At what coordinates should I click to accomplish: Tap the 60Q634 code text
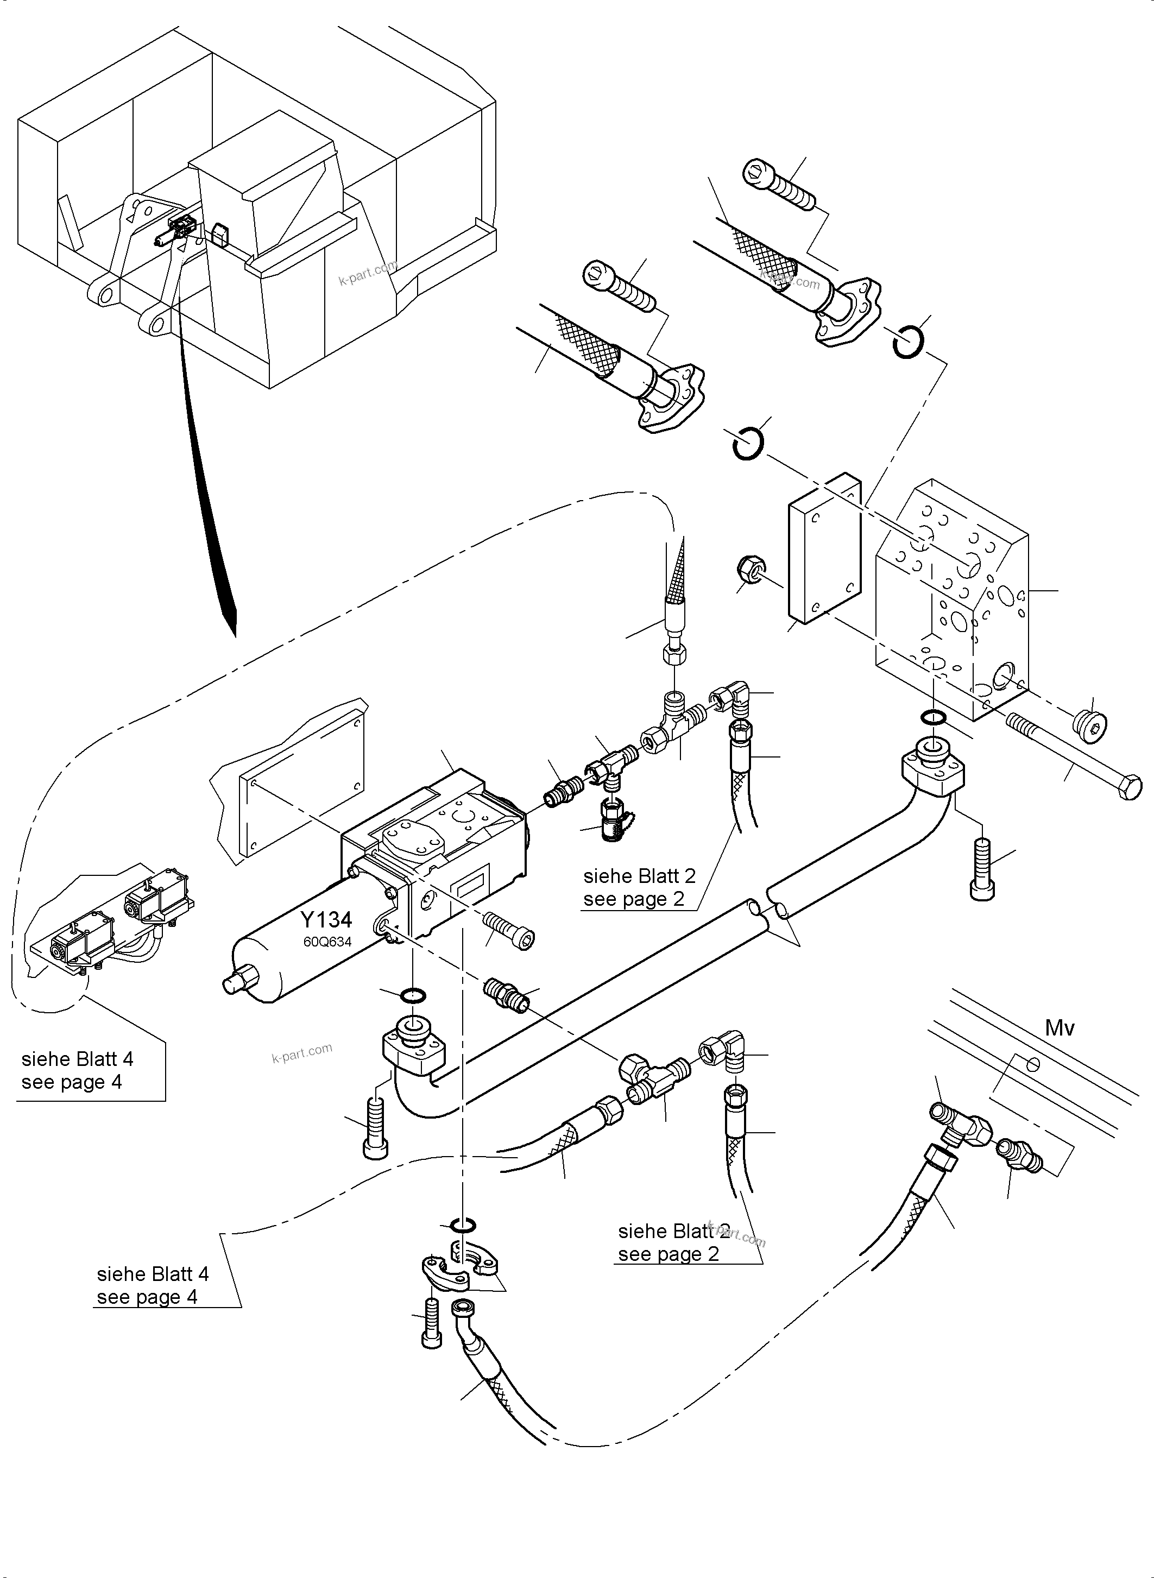327,942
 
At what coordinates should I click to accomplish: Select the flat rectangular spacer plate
824,548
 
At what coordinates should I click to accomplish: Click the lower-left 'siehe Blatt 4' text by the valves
77,1059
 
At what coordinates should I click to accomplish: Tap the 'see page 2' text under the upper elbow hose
634,899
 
